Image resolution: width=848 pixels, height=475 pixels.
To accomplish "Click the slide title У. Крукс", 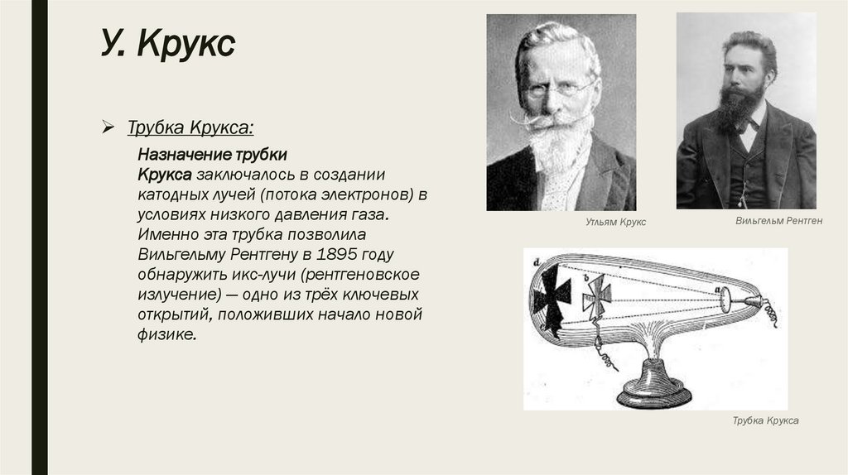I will click(169, 46).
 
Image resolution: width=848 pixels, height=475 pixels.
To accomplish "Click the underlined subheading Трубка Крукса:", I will click(190, 128).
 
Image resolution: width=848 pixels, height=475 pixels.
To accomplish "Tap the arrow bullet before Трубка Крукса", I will click(108, 128).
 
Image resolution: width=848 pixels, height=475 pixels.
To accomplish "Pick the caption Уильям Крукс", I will click(615, 223).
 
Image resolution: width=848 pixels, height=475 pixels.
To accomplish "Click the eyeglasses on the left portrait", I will click(561, 89).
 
